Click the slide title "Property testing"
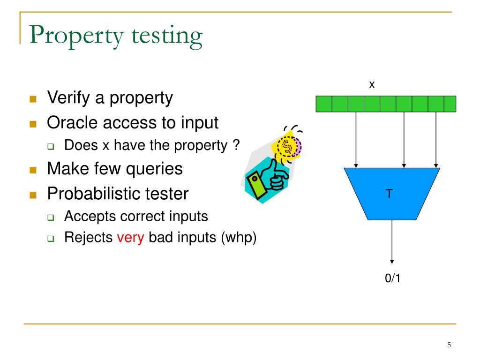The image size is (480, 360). point(116,37)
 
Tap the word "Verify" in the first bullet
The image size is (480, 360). point(65,98)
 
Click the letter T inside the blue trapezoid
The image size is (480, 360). point(389,194)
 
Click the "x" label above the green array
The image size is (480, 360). point(372,85)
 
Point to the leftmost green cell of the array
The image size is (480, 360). point(324,104)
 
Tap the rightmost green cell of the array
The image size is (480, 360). point(450,104)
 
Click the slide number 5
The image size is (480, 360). point(449,345)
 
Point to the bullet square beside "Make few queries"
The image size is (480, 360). point(33,169)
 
